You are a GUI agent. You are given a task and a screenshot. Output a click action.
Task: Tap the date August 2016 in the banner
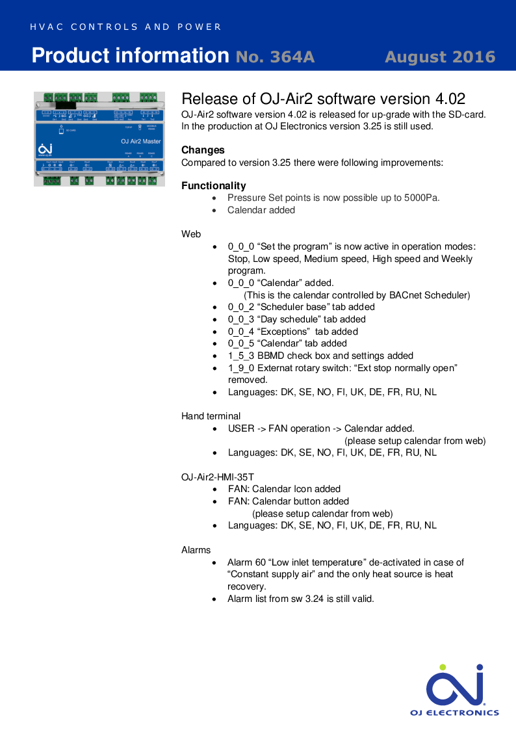[440, 57]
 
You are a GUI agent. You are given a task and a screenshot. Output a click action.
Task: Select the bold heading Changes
[203, 150]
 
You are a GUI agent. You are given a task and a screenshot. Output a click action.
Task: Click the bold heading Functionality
[214, 186]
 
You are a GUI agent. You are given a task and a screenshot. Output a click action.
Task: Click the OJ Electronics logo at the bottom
[454, 690]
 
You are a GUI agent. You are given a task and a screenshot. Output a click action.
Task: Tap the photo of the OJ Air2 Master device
[98, 138]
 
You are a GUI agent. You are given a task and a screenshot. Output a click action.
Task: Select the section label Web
[191, 234]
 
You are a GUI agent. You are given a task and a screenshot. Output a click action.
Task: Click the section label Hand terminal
[211, 416]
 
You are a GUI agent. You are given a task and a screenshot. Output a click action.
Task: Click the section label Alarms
[196, 550]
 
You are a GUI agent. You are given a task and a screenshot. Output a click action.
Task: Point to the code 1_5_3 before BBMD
[241, 356]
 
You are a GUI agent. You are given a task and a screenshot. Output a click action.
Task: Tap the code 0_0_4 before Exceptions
[241, 332]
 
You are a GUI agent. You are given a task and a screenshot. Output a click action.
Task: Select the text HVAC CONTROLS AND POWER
[126, 27]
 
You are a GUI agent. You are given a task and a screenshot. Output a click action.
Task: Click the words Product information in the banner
[130, 56]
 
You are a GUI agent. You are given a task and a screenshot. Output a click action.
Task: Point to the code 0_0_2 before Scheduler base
[241, 307]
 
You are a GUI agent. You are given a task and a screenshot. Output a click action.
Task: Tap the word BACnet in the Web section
[406, 295]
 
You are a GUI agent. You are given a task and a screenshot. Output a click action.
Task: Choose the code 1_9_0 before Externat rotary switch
[241, 368]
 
